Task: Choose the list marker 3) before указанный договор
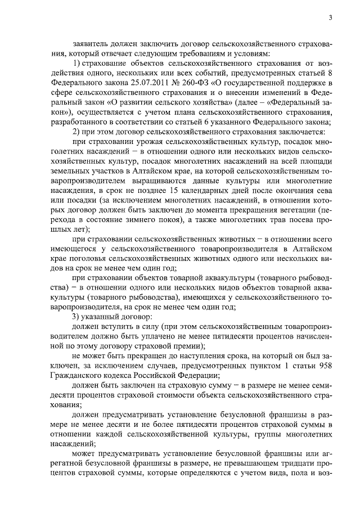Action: (78, 316)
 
